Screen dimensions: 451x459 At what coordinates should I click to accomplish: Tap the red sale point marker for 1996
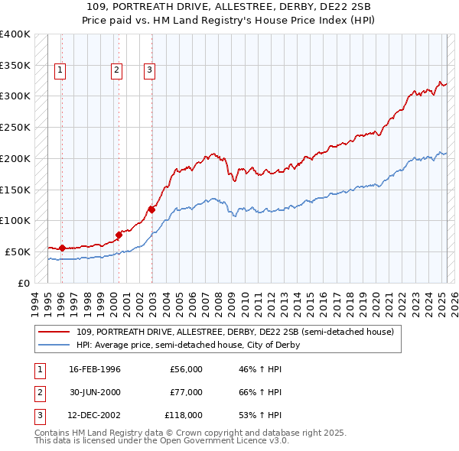coord(62,248)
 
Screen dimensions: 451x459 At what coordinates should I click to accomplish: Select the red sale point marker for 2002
coord(151,209)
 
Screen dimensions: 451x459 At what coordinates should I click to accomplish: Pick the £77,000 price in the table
coord(186,392)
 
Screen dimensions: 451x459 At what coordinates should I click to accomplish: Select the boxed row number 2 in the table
coord(37,392)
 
